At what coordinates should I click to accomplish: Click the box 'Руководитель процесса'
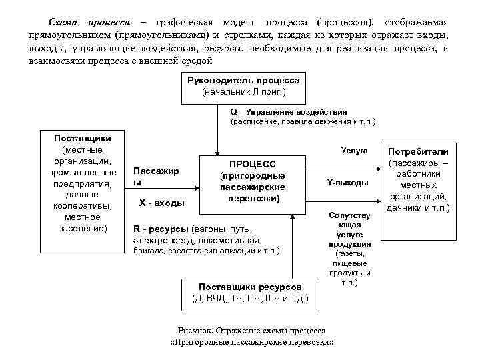[243, 86]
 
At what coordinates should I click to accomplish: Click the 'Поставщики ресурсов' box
[250, 293]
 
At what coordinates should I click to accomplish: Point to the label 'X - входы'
[161, 202]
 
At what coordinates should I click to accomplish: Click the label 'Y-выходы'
[347, 183]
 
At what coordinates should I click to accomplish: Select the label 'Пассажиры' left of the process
[156, 176]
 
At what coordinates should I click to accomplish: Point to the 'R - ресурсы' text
[161, 228]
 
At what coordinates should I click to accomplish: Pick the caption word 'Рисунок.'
[196, 331]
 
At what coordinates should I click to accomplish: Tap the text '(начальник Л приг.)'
[243, 91]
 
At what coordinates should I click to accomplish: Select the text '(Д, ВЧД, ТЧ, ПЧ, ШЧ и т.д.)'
[250, 298]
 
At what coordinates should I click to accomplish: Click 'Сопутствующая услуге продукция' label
[349, 230]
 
